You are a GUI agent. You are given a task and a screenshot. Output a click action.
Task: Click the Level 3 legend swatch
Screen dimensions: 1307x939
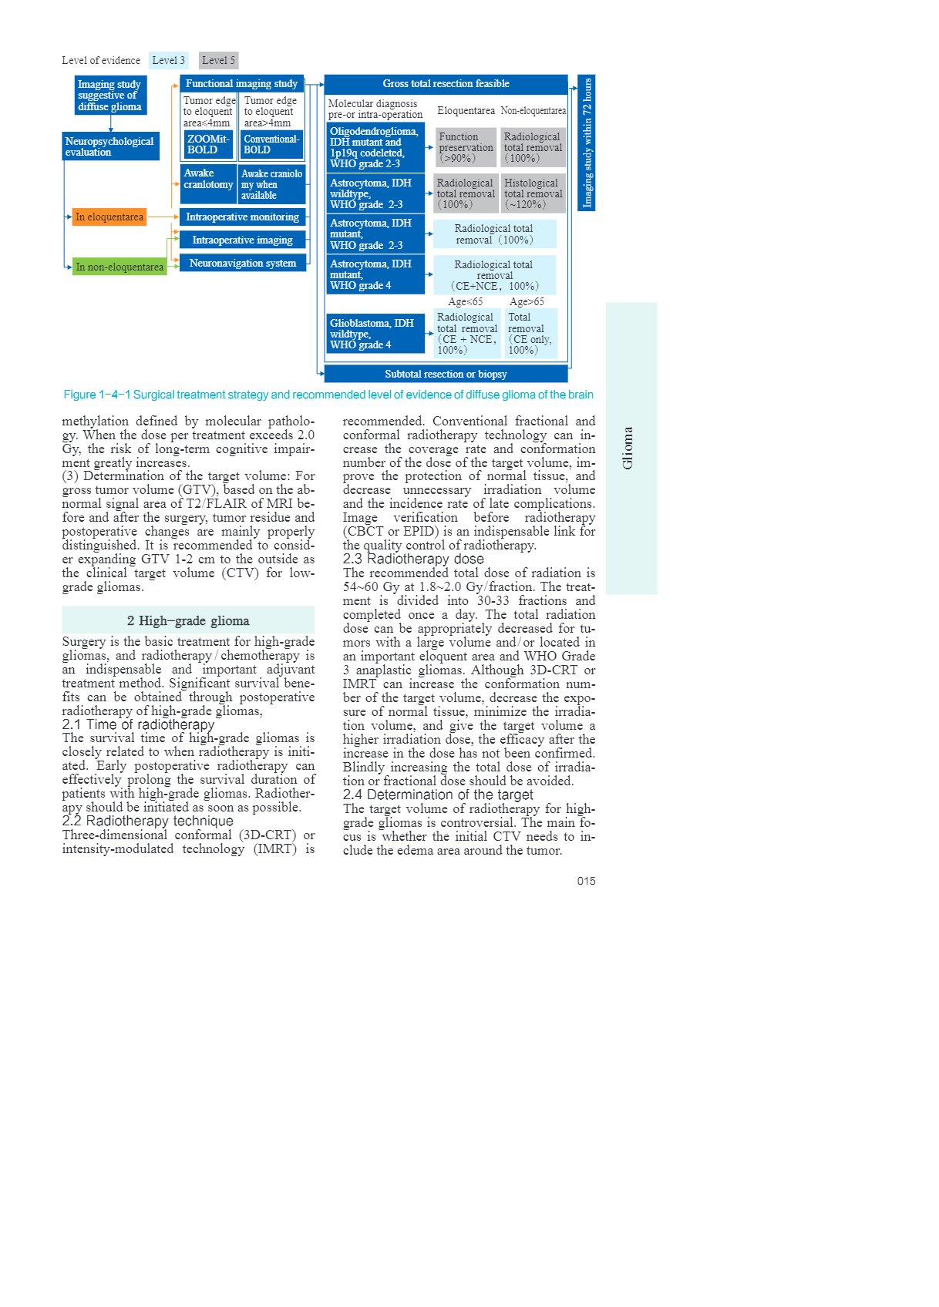coord(168,60)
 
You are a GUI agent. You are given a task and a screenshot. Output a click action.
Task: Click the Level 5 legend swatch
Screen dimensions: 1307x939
coord(218,60)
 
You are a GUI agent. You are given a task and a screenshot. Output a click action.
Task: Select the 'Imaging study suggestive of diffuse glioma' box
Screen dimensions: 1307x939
coord(110,96)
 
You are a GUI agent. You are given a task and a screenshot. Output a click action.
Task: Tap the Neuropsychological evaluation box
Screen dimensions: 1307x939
coord(111,146)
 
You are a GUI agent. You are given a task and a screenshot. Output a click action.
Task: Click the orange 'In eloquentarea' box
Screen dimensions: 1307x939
coord(109,217)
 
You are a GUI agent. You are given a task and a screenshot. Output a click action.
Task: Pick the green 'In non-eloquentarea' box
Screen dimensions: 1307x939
coord(119,267)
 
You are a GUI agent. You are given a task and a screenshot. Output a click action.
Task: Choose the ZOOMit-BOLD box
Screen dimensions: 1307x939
coord(208,144)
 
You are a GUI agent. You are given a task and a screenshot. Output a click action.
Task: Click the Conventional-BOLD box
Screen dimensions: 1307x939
coord(271,144)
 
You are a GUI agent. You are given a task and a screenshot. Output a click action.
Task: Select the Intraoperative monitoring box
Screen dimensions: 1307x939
coord(242,217)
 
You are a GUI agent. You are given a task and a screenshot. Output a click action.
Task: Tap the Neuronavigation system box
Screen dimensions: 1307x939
coord(242,263)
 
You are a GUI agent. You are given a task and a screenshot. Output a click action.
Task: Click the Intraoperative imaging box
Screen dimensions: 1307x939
coord(242,240)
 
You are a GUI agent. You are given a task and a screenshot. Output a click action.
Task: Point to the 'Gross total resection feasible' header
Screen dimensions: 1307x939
coord(446,84)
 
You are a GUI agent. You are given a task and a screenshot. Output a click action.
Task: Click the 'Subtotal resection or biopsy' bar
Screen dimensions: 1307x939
coord(446,374)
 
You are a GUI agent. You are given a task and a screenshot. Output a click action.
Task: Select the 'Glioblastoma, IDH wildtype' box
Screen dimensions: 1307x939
coord(375,334)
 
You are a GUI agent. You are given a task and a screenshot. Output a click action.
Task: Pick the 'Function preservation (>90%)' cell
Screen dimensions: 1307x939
coord(466,147)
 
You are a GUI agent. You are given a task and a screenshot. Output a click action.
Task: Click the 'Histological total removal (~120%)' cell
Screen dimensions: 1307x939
coord(533,193)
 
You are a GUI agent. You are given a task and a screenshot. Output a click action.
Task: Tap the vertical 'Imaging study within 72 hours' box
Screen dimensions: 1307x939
coord(587,143)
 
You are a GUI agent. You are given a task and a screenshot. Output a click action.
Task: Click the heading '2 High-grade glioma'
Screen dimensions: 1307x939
coord(188,620)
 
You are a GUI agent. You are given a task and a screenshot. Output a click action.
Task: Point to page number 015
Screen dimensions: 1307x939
coord(586,881)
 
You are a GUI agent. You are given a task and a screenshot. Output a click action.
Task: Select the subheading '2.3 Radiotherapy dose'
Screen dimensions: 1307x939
coord(413,559)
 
